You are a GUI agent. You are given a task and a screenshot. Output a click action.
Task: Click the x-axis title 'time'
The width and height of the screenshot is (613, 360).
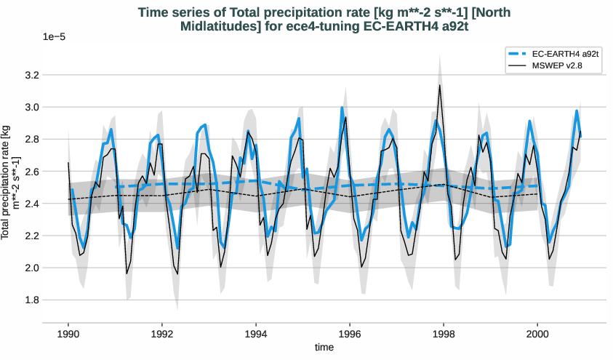click(x=324, y=348)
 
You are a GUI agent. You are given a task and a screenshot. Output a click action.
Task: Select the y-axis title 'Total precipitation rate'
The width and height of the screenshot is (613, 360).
click(x=10, y=182)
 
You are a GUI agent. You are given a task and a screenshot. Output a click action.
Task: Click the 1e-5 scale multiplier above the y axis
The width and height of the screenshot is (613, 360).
click(x=55, y=36)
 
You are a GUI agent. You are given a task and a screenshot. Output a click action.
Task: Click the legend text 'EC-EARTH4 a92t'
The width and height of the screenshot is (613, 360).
click(x=565, y=54)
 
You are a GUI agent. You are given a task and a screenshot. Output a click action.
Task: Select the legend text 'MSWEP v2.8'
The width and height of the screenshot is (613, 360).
click(x=557, y=65)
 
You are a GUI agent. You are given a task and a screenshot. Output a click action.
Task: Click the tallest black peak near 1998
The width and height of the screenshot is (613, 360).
click(x=439, y=85)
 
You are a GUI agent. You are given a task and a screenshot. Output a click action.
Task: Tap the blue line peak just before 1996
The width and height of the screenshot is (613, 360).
click(x=342, y=108)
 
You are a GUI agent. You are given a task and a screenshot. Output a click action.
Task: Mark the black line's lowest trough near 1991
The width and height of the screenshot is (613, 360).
click(x=127, y=273)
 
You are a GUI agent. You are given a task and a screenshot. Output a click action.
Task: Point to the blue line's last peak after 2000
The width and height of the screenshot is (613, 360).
click(x=577, y=111)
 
